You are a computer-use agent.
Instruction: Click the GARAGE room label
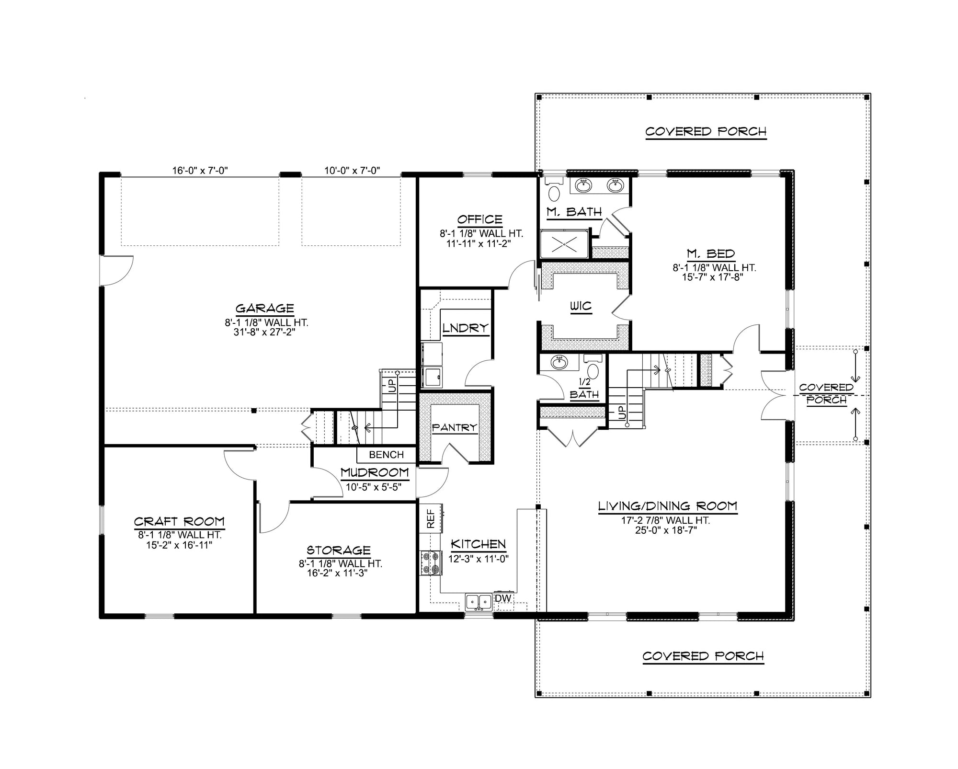(x=264, y=308)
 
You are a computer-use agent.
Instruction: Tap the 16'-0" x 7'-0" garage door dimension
(x=200, y=170)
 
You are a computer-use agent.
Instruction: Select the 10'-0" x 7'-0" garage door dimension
(x=352, y=170)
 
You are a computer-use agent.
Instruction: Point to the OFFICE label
(x=479, y=219)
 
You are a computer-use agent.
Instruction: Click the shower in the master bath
(x=564, y=244)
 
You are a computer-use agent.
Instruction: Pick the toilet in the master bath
(x=554, y=193)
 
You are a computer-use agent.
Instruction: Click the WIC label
(x=581, y=306)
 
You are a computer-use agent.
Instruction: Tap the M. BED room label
(x=710, y=253)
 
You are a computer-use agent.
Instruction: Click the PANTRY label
(x=455, y=427)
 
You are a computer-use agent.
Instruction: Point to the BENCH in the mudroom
(x=386, y=455)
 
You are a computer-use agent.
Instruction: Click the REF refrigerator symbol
(x=430, y=518)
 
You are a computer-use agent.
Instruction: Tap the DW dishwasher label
(x=503, y=598)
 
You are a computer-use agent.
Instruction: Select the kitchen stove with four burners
(x=430, y=563)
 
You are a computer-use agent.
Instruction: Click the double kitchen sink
(x=479, y=601)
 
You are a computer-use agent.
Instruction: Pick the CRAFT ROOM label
(x=179, y=521)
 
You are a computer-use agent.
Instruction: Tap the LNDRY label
(x=465, y=328)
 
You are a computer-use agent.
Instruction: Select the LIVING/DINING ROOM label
(x=667, y=506)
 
